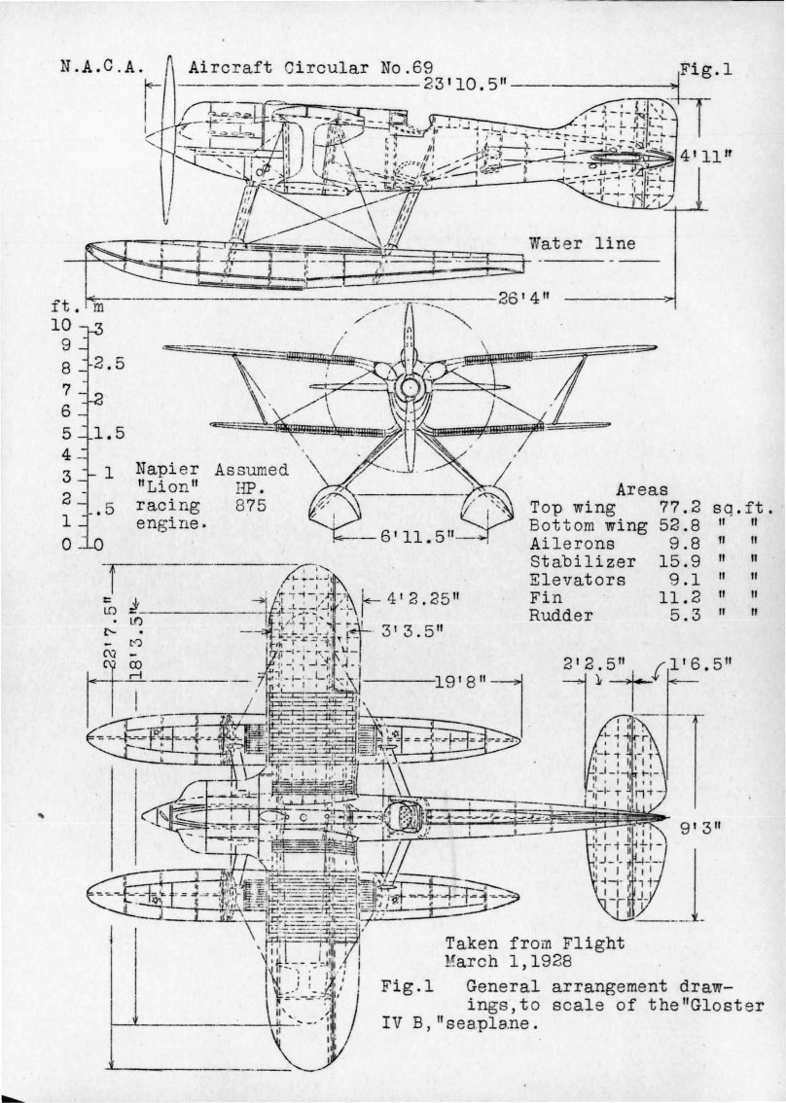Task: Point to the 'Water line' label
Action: pyautogui.click(x=582, y=243)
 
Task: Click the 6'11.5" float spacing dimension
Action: pyautogui.click(x=407, y=536)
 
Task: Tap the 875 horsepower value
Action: pyautogui.click(x=250, y=505)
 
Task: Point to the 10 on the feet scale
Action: pyautogui.click(x=61, y=326)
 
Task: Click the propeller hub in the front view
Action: pyautogui.click(x=411, y=388)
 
